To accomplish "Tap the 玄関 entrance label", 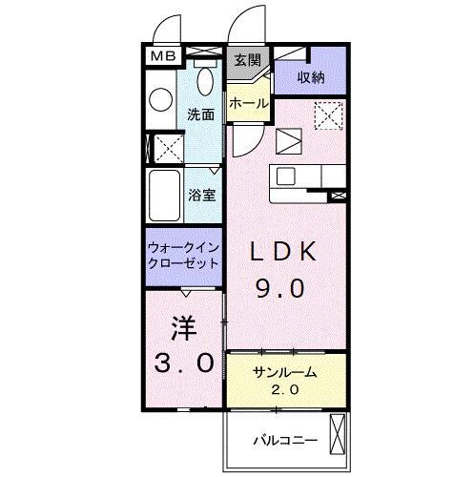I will tap(246, 59).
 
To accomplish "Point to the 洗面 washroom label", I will tap(200, 114).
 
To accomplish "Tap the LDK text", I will tap(282, 253).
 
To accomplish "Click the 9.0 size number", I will tap(282, 287).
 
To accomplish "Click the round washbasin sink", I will tap(160, 96).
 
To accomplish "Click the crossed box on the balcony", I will tap(337, 434).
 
